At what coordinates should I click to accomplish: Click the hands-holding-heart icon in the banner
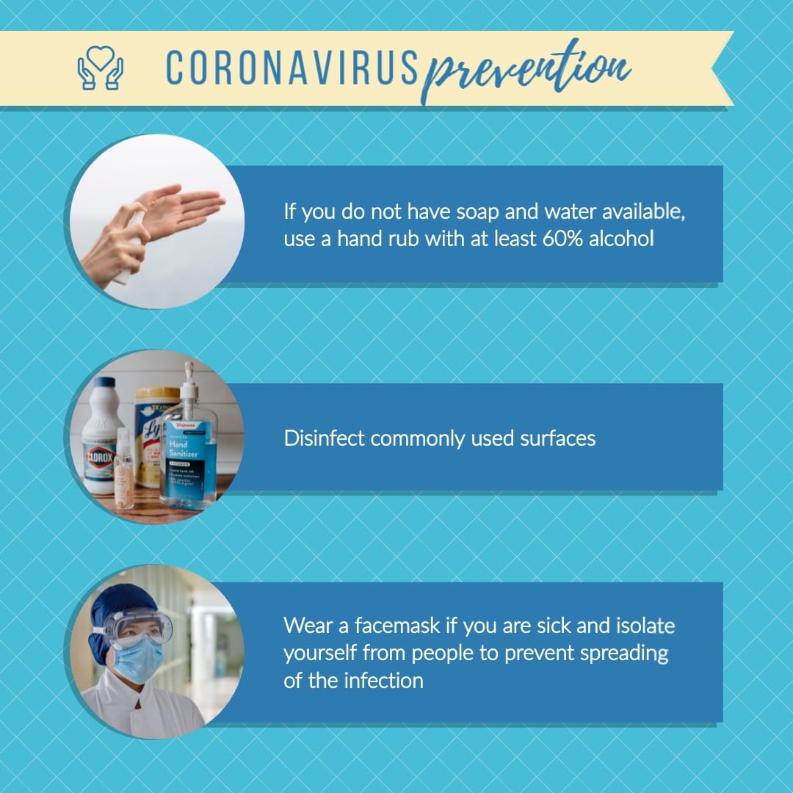pyautogui.click(x=100, y=68)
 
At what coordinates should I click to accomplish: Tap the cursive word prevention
pyautogui.click(x=525, y=70)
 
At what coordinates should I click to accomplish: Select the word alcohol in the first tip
pyautogui.click(x=621, y=239)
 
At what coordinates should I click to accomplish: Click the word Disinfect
pyautogui.click(x=324, y=438)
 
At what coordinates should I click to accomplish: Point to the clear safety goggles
pyautogui.click(x=137, y=624)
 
